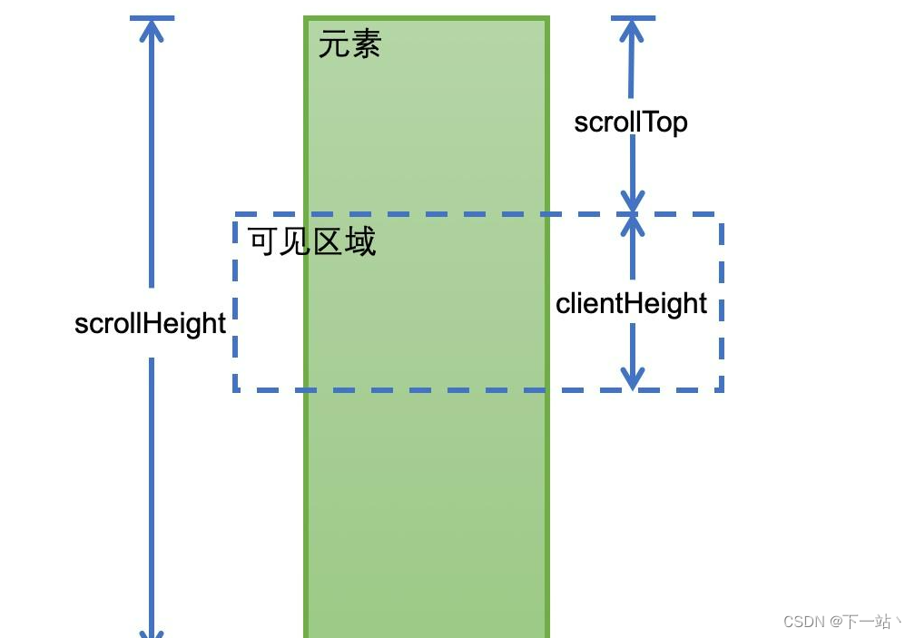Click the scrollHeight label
150,323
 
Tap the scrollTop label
631,122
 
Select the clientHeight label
631,303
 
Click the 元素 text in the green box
349,44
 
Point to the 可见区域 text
312,241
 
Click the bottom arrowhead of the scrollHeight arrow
152,630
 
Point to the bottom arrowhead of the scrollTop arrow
633,201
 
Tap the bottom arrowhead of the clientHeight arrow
633,379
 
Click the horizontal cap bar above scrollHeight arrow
152,18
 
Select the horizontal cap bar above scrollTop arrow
632,18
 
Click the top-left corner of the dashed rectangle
236,215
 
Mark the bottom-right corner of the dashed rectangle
722,390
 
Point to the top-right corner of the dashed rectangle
722,215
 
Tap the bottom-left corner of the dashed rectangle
236,390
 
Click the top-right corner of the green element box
547,18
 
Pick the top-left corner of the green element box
306,18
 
